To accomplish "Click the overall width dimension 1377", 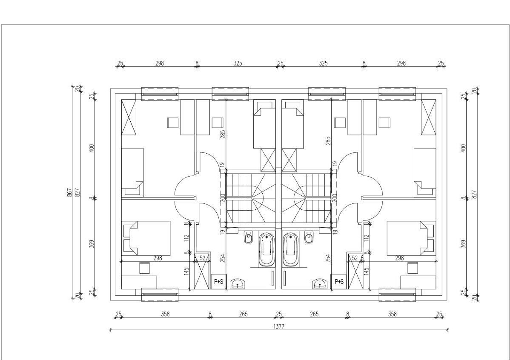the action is pyautogui.click(x=279, y=326).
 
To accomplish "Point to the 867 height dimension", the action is pyautogui.click(x=69, y=193).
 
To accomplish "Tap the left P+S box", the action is pyautogui.click(x=218, y=282).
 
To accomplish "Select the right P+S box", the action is pyautogui.click(x=339, y=282).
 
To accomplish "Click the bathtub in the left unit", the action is pyautogui.click(x=267, y=249).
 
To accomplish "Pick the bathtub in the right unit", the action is pyautogui.click(x=290, y=249).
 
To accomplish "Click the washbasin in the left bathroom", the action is pyautogui.click(x=238, y=284).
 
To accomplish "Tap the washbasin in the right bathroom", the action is pyautogui.click(x=320, y=284).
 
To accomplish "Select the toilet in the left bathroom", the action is pyautogui.click(x=249, y=237).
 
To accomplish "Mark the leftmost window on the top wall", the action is pyautogui.click(x=160, y=94).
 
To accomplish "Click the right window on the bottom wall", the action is pyautogui.click(x=397, y=295).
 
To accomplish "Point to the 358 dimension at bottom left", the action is pyautogui.click(x=165, y=314).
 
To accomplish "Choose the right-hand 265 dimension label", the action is pyautogui.click(x=314, y=314).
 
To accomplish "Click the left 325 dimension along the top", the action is pyautogui.click(x=238, y=63).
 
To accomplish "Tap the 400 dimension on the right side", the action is pyautogui.click(x=464, y=148).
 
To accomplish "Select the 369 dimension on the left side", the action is pyautogui.click(x=91, y=244).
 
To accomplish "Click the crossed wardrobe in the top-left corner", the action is pyautogui.click(x=129, y=117).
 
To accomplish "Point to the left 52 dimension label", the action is pyautogui.click(x=202, y=258).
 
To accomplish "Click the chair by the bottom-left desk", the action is pyautogui.click(x=144, y=268).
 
